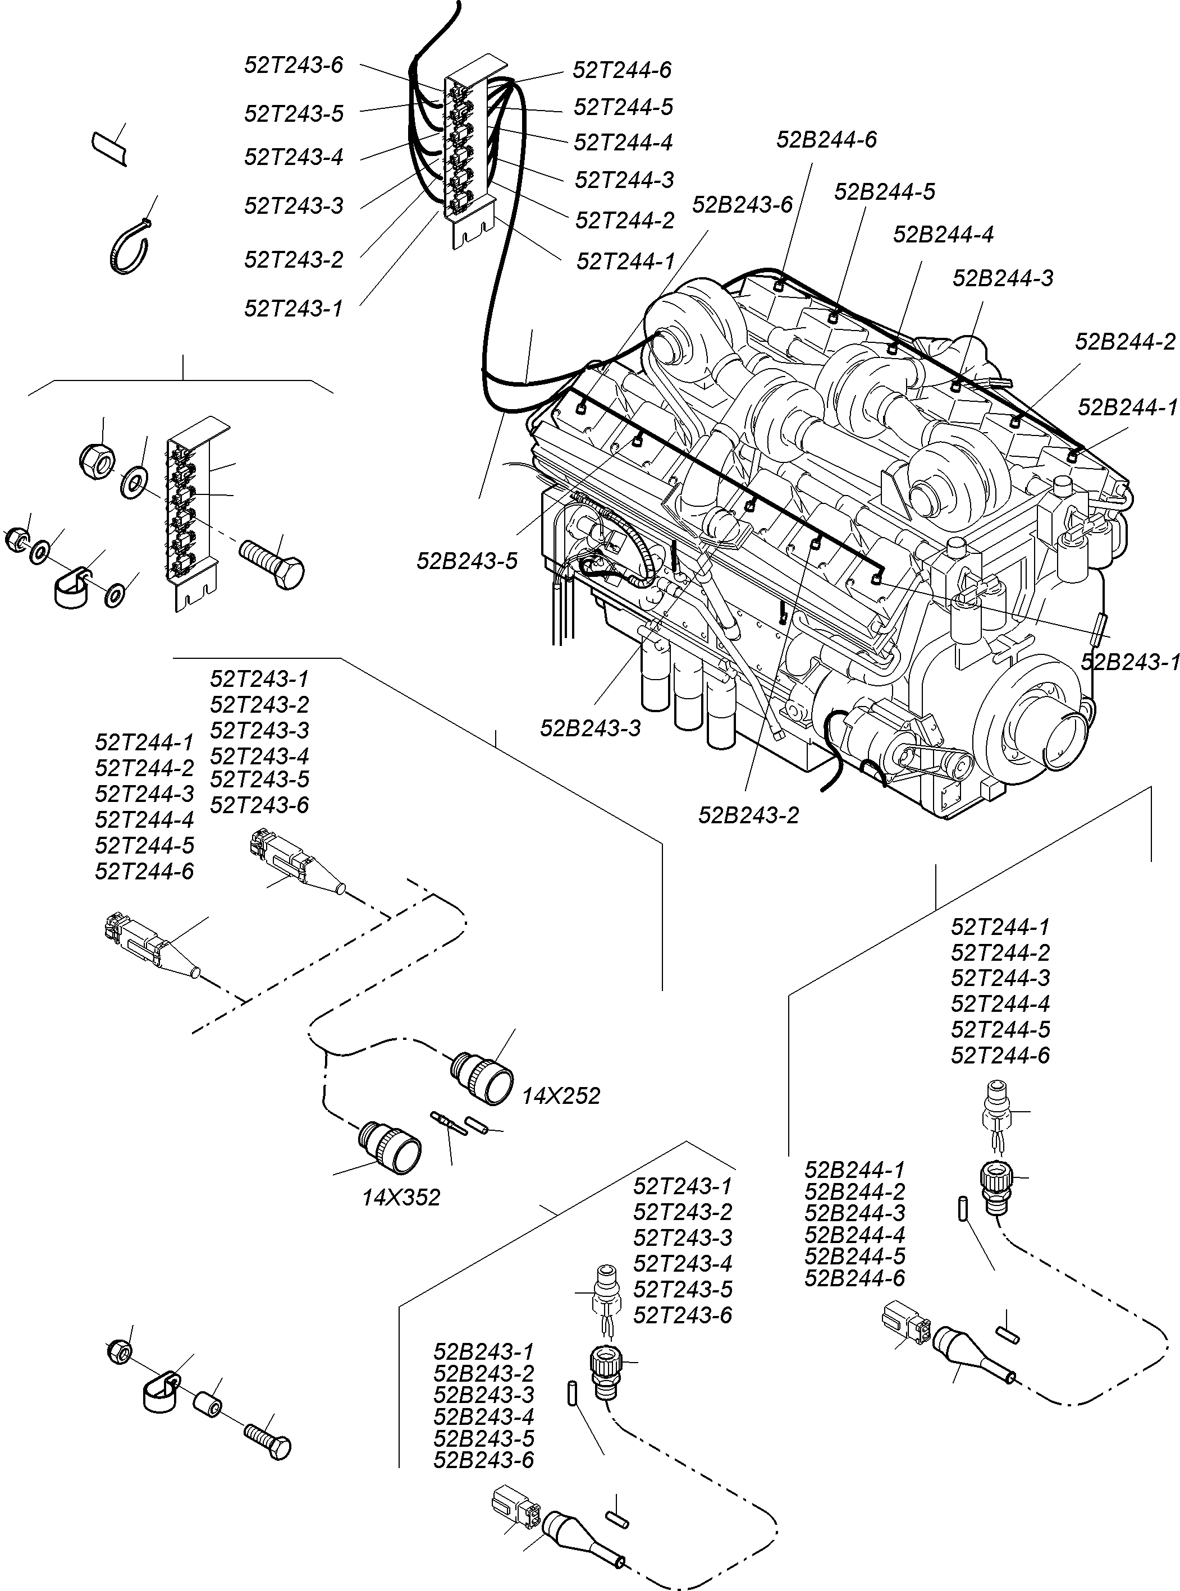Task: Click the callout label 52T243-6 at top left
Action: coord(294,66)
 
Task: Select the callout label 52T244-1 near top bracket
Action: coord(625,262)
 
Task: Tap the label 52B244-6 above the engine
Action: coord(826,139)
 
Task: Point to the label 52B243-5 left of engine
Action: coord(466,561)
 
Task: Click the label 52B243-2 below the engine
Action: coord(748,815)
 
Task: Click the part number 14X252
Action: coord(561,1095)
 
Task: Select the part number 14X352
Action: coord(401,1198)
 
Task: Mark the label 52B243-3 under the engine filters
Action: coord(590,728)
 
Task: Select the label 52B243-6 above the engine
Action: coord(742,205)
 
